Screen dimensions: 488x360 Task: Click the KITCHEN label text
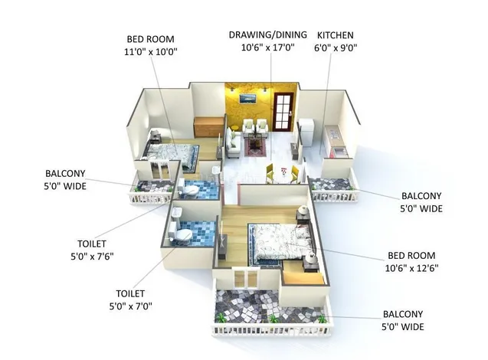click(x=336, y=35)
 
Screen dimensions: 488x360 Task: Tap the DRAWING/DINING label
click(x=267, y=34)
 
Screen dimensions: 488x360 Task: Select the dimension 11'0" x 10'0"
click(x=151, y=51)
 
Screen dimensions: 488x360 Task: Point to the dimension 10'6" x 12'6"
click(x=411, y=268)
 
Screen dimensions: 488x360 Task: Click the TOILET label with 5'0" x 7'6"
click(x=92, y=244)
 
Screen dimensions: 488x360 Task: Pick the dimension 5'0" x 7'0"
click(x=131, y=306)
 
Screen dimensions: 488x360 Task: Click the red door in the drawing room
click(x=283, y=111)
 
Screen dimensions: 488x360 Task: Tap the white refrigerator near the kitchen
click(x=306, y=133)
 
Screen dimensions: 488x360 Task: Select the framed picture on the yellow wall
click(x=247, y=98)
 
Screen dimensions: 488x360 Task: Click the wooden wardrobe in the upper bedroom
click(x=208, y=126)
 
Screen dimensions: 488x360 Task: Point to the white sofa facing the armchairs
click(x=232, y=143)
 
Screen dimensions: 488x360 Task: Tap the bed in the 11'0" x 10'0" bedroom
click(x=170, y=154)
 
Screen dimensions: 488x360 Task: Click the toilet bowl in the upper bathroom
click(x=188, y=189)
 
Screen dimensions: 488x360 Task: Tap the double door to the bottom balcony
click(x=246, y=278)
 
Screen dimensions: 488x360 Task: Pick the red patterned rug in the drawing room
click(x=256, y=147)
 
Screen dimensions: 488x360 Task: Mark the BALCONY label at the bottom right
click(x=403, y=314)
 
